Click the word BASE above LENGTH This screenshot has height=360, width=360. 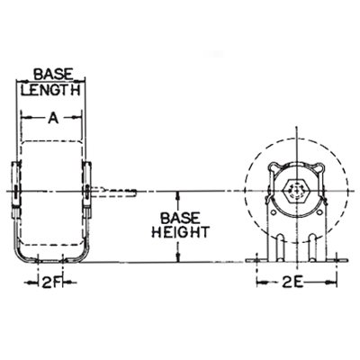pyautogui.click(x=51, y=76)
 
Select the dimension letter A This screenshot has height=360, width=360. pyautogui.click(x=51, y=116)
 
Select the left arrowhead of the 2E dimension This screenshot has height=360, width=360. pyautogui.click(x=260, y=280)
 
